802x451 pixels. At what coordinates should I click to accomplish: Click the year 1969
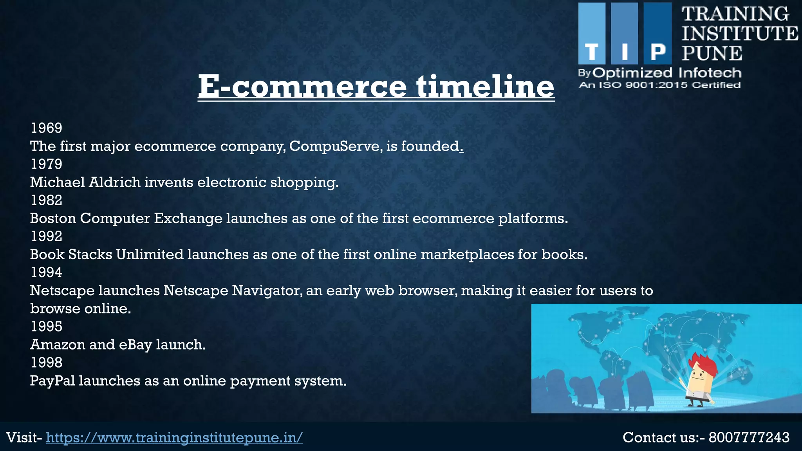click(x=46, y=128)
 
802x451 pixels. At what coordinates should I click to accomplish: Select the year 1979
click(x=46, y=164)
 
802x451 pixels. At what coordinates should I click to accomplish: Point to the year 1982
click(x=46, y=200)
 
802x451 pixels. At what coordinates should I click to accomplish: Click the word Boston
click(x=53, y=218)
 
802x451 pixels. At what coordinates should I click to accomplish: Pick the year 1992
click(x=46, y=236)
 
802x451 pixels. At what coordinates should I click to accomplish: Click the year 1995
click(x=46, y=327)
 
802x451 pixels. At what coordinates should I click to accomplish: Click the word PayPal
click(x=52, y=381)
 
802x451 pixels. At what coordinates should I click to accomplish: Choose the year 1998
click(x=46, y=363)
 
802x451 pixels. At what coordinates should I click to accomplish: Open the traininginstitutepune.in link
click(x=174, y=437)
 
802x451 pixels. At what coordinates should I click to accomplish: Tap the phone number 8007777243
click(x=749, y=437)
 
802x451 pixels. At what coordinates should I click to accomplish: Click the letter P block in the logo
click(x=657, y=33)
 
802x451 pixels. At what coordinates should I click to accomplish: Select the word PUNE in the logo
click(x=712, y=53)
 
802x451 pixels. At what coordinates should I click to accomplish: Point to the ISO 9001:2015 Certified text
click(x=659, y=85)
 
